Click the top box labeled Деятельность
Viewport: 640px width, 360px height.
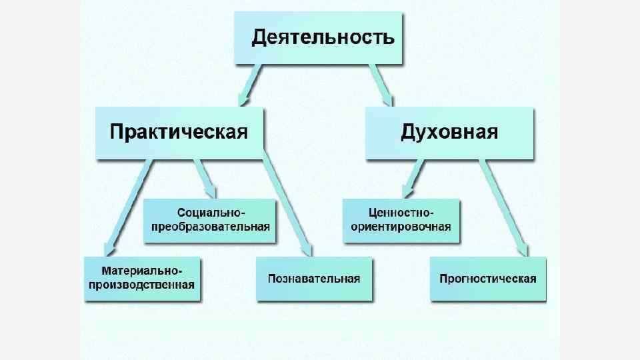click(x=318, y=38)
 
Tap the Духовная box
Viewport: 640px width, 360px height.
click(x=449, y=132)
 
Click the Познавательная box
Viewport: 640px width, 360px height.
click(x=313, y=279)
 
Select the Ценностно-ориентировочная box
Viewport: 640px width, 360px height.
click(x=401, y=220)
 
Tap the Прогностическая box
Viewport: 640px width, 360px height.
click(x=487, y=279)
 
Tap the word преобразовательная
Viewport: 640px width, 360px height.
click(x=211, y=227)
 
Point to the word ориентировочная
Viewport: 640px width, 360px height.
click(x=401, y=227)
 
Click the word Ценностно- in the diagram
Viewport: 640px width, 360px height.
click(x=401, y=213)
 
